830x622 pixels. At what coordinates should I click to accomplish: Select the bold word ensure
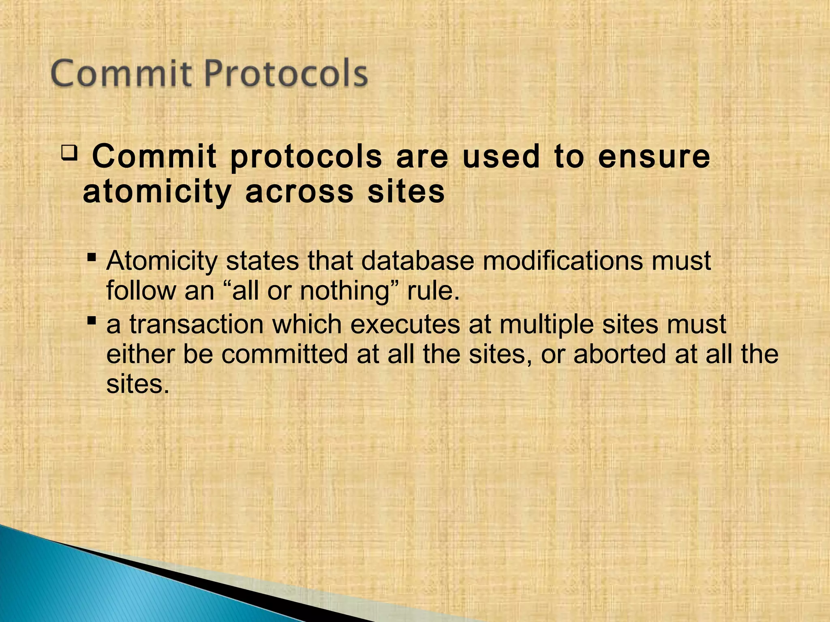click(x=654, y=157)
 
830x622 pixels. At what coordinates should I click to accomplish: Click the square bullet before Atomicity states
click(x=92, y=257)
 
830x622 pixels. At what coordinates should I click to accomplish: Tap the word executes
click(x=405, y=325)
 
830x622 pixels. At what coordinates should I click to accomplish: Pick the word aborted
click(x=620, y=354)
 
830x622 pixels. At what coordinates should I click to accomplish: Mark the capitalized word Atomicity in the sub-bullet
click(x=162, y=261)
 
